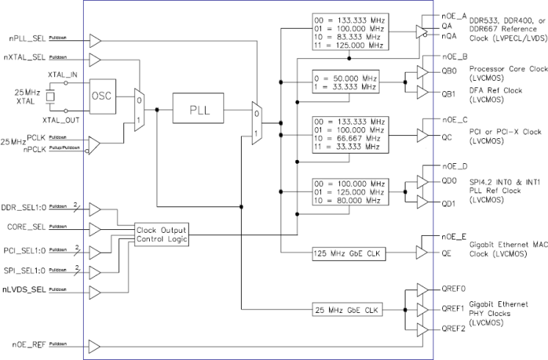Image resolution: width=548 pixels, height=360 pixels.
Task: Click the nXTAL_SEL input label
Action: [28, 58]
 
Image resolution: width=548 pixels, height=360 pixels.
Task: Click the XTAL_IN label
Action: [62, 76]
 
